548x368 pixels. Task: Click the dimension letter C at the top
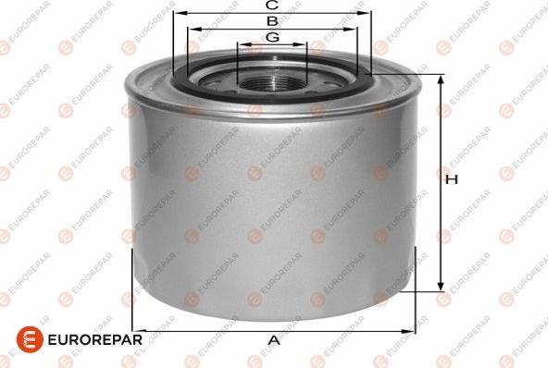[272, 6]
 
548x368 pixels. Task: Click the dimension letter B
[272, 21]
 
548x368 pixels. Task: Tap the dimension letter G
[272, 37]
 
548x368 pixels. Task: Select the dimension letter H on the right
[452, 179]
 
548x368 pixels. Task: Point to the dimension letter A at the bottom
[274, 340]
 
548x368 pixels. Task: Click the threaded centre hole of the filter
[272, 82]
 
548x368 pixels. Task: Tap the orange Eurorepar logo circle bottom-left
[30, 339]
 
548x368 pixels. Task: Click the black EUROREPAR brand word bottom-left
[94, 339]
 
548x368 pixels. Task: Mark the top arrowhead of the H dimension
[441, 80]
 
